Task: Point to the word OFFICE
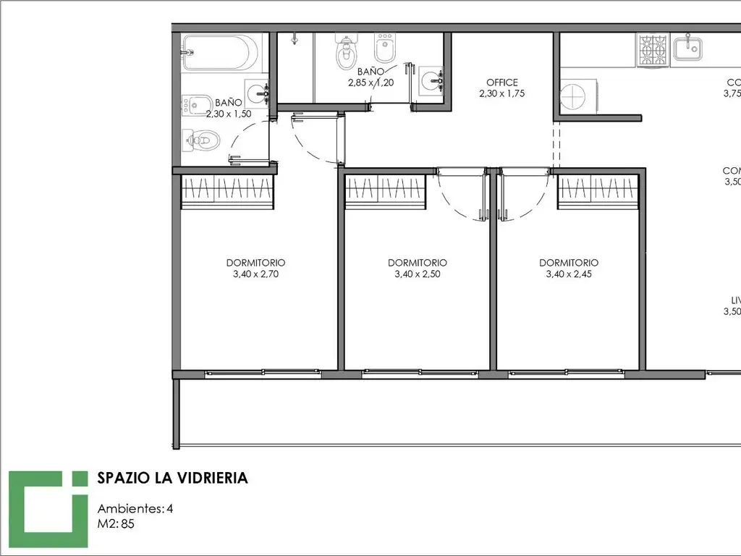click(x=501, y=83)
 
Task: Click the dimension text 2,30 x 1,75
click(x=501, y=93)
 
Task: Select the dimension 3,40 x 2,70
click(x=255, y=274)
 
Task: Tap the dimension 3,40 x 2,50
click(x=417, y=274)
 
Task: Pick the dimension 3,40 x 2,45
click(x=569, y=274)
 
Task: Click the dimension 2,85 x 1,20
click(x=370, y=83)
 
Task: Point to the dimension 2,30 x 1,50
click(x=228, y=114)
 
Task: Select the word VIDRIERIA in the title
click(x=209, y=478)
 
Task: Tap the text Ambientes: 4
click(x=135, y=508)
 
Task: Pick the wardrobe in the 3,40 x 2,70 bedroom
click(x=227, y=191)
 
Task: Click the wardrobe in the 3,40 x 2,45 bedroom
click(x=598, y=191)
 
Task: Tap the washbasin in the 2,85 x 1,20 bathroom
click(x=433, y=80)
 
